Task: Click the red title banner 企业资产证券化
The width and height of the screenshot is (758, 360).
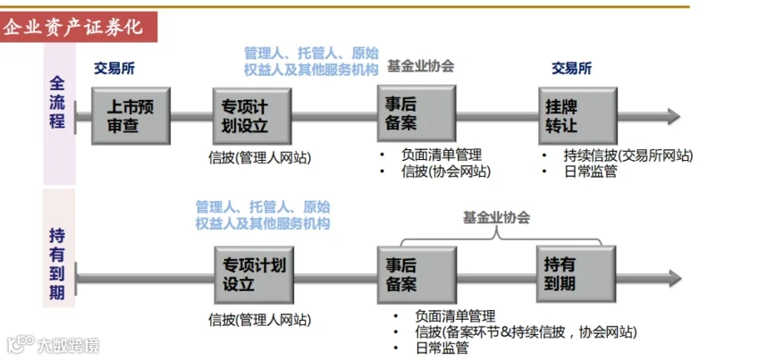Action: (79, 27)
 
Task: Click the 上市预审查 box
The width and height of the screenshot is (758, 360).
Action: (131, 116)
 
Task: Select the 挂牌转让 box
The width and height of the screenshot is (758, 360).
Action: (577, 116)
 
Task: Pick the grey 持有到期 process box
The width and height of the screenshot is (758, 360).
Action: (576, 274)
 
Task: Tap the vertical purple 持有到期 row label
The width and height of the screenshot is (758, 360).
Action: (57, 264)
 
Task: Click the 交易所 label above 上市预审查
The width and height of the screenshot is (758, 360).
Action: (114, 69)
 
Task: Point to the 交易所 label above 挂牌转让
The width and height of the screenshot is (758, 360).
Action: (572, 69)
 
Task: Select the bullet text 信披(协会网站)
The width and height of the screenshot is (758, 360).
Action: (446, 172)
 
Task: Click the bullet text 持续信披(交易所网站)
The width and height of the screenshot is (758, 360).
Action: (628, 156)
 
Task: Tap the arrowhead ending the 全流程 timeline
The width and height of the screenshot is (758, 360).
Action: (674, 116)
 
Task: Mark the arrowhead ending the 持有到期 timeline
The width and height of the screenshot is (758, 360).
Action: (675, 278)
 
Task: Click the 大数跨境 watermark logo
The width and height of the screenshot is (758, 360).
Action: (53, 345)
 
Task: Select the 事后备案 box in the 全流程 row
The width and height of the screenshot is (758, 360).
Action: (417, 114)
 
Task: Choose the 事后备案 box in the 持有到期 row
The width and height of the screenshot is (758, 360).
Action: (417, 275)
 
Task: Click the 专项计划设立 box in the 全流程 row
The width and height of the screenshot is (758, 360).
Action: (252, 116)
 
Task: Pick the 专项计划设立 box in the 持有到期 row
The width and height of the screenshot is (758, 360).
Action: (254, 275)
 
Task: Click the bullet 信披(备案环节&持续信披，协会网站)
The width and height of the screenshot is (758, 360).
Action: (526, 332)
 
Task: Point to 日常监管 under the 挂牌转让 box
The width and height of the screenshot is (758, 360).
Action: (590, 172)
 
